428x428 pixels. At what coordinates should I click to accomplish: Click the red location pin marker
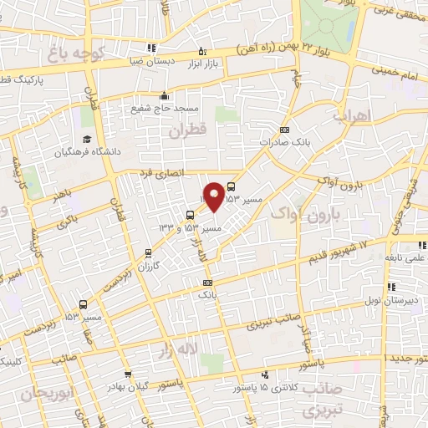(215, 196)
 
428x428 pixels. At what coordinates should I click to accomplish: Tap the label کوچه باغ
(74, 54)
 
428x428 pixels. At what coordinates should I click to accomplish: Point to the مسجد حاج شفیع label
(164, 108)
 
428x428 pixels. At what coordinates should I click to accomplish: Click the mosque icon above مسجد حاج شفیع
(165, 94)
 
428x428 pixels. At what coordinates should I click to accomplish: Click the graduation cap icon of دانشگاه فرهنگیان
(86, 140)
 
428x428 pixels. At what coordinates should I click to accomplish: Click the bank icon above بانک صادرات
(284, 130)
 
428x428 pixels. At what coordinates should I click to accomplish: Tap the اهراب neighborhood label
(350, 117)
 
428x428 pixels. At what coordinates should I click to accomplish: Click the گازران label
(147, 264)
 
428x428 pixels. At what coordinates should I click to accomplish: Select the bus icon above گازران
(148, 252)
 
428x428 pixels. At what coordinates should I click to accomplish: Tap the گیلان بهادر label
(127, 387)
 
